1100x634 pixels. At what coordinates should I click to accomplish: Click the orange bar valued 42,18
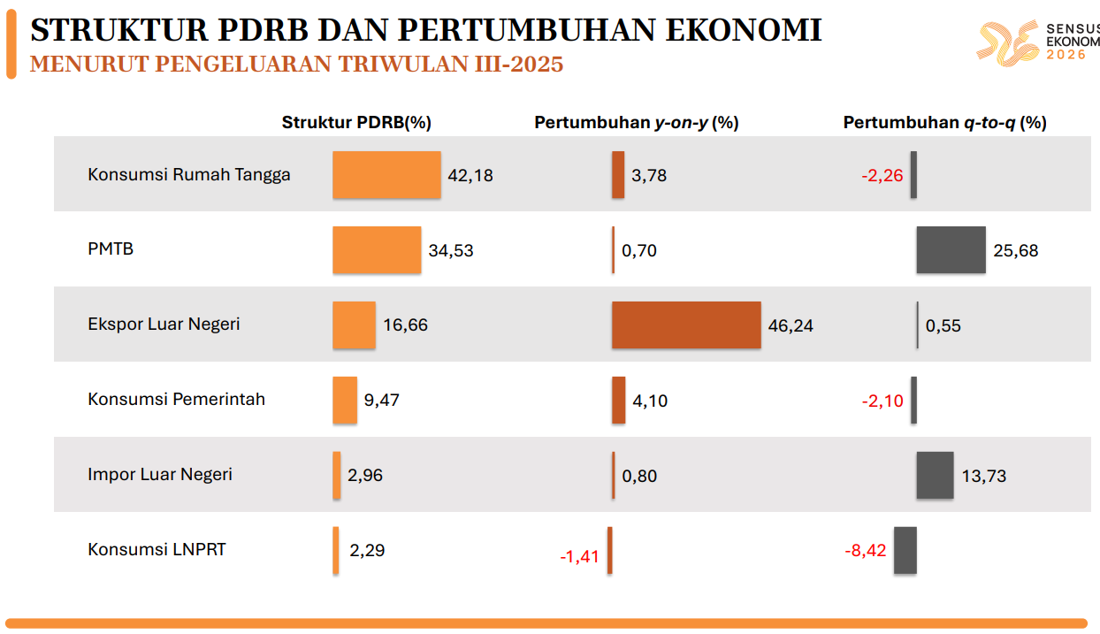coord(386,174)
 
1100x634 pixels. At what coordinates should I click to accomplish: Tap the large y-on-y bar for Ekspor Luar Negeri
coord(685,325)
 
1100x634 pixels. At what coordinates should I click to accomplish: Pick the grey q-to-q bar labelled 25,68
coord(951,249)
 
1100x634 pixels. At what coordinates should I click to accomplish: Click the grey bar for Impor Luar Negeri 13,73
coord(935,475)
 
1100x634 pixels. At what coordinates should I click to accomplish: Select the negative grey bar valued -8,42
coord(905,550)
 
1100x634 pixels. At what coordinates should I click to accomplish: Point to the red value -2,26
coord(882,175)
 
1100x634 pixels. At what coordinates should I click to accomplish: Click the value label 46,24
coord(791,325)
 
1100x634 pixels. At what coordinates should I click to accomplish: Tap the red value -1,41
coord(580,557)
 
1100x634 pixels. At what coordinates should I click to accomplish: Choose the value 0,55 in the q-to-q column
coord(943,325)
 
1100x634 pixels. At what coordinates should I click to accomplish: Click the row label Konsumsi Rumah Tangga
coord(188,174)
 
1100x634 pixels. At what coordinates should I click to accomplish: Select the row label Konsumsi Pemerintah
coord(176,399)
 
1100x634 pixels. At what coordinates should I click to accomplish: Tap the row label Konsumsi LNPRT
coord(157,549)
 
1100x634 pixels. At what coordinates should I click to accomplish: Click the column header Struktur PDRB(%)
coord(356,123)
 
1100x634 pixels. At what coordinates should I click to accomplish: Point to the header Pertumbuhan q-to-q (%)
coord(944,123)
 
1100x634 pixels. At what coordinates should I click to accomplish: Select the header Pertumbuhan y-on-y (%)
coord(636,123)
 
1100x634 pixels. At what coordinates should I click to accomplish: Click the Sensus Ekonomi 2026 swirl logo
coord(1007,43)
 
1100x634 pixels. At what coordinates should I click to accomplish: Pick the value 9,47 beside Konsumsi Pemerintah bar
coord(381,401)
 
